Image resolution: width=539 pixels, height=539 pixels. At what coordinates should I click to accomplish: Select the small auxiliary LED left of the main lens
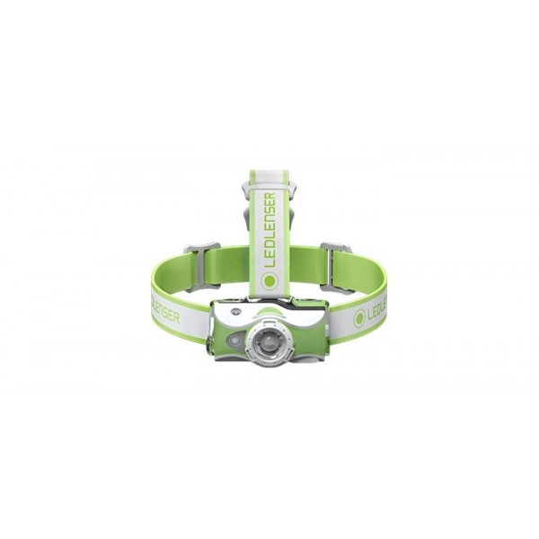235,340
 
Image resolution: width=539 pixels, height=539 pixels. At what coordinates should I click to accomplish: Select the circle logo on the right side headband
359,317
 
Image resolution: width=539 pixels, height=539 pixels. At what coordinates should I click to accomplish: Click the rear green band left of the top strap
229,265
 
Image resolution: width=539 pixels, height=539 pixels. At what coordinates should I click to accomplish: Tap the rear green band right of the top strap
309,265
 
